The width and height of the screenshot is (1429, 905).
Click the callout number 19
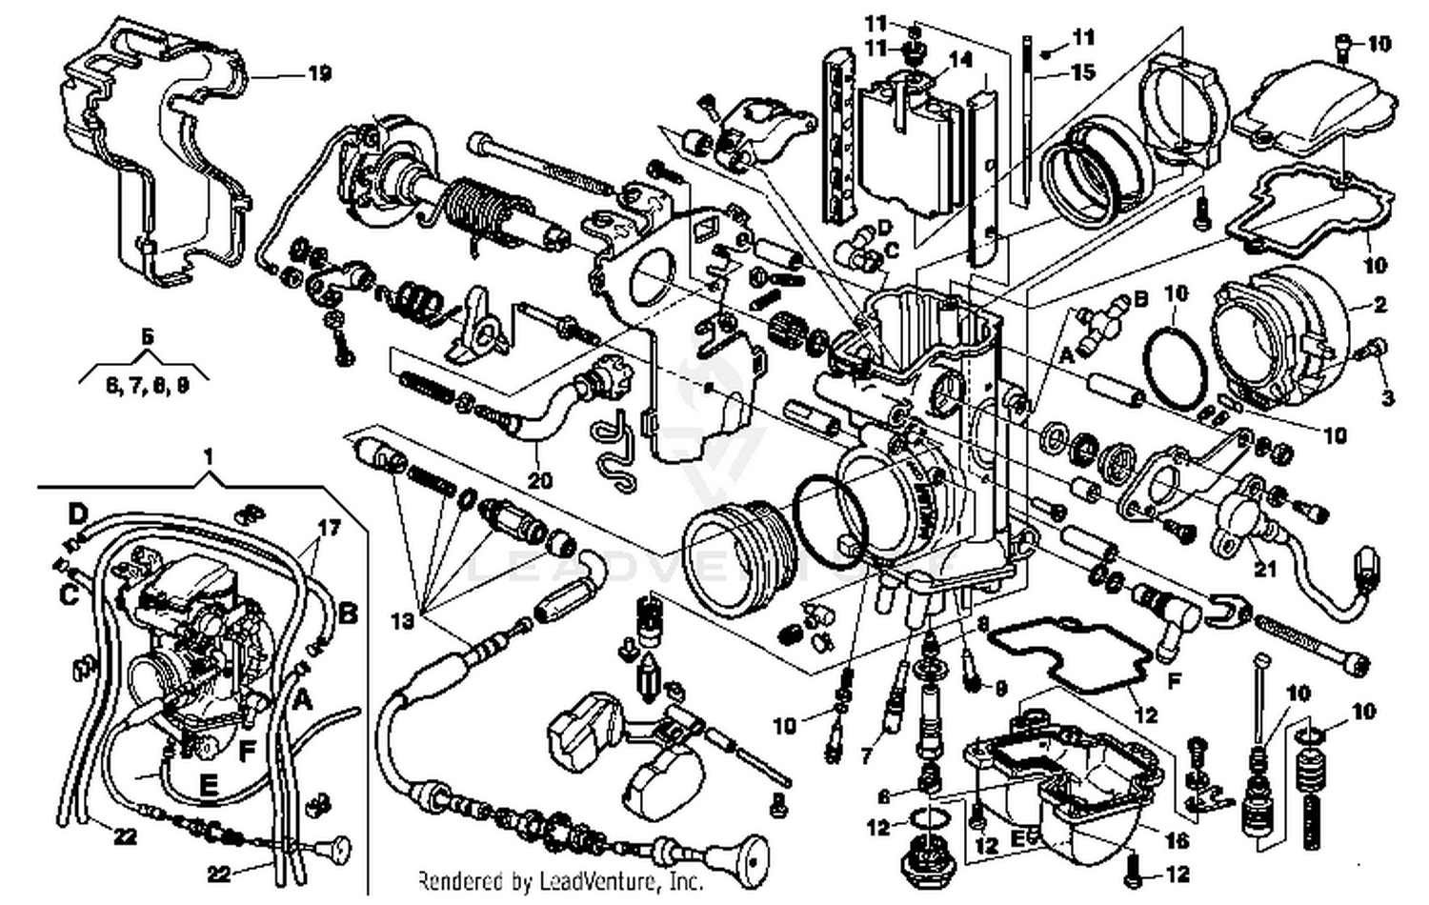(319, 73)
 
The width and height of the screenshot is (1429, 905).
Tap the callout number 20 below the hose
(540, 481)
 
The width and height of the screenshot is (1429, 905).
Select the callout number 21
(1264, 570)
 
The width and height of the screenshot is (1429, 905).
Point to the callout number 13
(403, 621)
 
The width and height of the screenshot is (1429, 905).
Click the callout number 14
(960, 59)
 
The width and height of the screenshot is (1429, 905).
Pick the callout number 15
(1083, 72)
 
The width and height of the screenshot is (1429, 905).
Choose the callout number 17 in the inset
(328, 527)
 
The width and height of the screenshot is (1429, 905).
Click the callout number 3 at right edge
(1387, 398)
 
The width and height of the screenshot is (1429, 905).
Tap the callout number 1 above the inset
(209, 458)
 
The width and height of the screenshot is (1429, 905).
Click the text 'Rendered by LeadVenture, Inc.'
(561, 880)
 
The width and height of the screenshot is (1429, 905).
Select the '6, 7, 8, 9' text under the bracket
(147, 386)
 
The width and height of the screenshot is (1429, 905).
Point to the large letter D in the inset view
(78, 515)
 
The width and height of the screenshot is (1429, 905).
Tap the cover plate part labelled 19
(157, 152)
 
